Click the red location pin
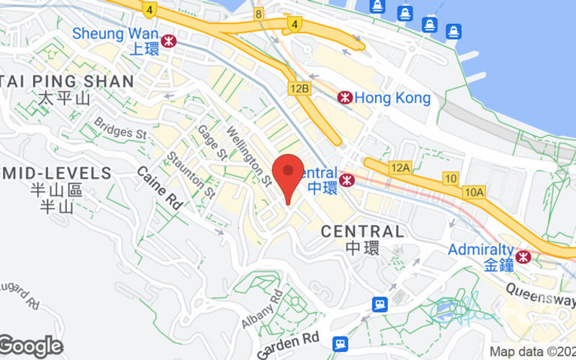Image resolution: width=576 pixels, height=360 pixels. click(x=289, y=173)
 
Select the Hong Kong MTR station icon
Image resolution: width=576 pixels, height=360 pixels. click(x=346, y=97)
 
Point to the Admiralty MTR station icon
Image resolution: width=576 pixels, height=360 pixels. click(x=523, y=256)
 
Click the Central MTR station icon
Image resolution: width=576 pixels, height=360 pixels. click(x=347, y=179)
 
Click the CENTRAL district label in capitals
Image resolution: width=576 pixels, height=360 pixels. click(x=362, y=231)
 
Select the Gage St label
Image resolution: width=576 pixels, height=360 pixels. click(x=212, y=143)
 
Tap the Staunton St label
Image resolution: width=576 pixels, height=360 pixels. click(x=200, y=176)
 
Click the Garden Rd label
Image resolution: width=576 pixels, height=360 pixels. click(x=287, y=344)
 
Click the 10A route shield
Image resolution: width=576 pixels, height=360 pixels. click(x=474, y=192)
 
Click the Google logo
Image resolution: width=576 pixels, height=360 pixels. click(x=30, y=346)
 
